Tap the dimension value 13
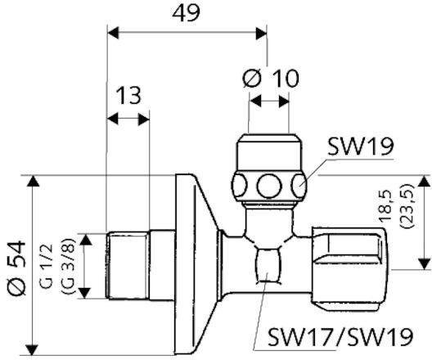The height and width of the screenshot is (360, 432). click(128, 95)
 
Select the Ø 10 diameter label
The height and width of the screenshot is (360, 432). click(271, 79)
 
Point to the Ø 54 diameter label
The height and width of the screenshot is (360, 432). click(17, 268)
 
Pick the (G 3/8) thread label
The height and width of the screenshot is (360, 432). click(69, 266)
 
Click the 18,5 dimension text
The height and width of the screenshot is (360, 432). click(385, 205)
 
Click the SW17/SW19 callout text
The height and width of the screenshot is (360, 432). click(340, 336)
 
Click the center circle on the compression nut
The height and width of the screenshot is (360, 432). click(269, 186)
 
